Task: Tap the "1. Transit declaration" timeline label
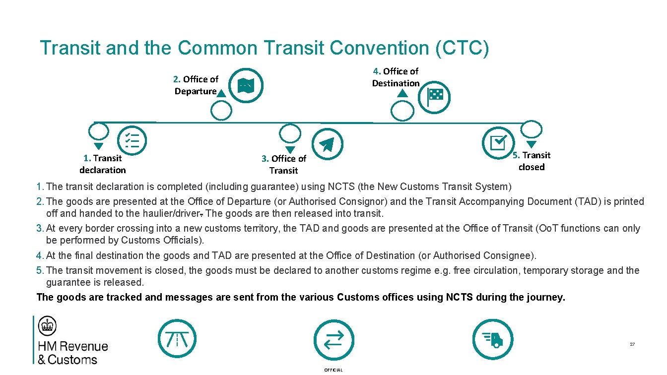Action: click(x=103, y=164)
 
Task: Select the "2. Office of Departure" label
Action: click(x=196, y=85)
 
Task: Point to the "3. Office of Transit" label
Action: click(x=284, y=165)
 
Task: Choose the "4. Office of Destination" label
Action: click(x=396, y=77)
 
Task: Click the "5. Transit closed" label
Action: click(x=532, y=161)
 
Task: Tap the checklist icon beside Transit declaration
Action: click(x=132, y=141)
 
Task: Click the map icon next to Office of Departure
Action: click(x=246, y=86)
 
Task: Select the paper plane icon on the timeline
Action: click(x=327, y=143)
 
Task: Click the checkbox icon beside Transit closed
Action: click(x=498, y=142)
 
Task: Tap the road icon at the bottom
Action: click(x=177, y=339)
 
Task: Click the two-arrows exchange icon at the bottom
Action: click(x=334, y=339)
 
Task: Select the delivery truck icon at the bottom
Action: click(x=492, y=339)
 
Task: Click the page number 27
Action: click(x=632, y=344)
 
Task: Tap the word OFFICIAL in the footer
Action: click(x=333, y=370)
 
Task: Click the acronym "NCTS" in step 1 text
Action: click(x=340, y=187)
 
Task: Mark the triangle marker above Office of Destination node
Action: click(x=402, y=94)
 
